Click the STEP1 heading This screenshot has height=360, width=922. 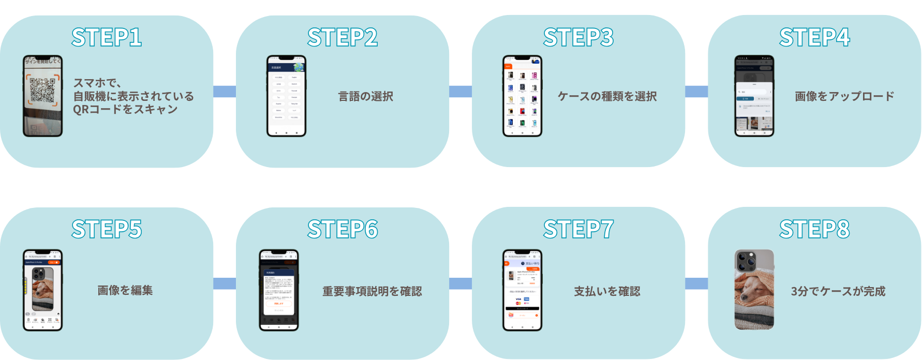(107, 37)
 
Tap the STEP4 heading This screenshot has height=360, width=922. (814, 37)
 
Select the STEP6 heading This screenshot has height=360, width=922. (343, 229)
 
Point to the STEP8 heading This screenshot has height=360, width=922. (814, 229)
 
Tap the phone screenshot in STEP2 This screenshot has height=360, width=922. (286, 96)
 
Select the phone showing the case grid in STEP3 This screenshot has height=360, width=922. (522, 96)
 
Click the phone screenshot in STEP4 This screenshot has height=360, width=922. (754, 96)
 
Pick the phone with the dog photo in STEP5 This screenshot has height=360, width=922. (42, 290)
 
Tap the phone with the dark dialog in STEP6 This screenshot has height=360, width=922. (278, 290)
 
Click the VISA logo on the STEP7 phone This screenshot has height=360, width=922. (518, 299)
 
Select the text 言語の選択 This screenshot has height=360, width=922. (366, 97)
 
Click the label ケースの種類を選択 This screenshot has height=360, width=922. (607, 97)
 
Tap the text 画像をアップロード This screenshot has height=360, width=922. (844, 97)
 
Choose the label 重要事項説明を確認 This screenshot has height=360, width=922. (372, 291)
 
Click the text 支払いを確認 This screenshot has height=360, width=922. (607, 291)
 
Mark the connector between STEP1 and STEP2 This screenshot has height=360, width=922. (225, 92)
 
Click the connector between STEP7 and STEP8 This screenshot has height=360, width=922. (696, 284)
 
